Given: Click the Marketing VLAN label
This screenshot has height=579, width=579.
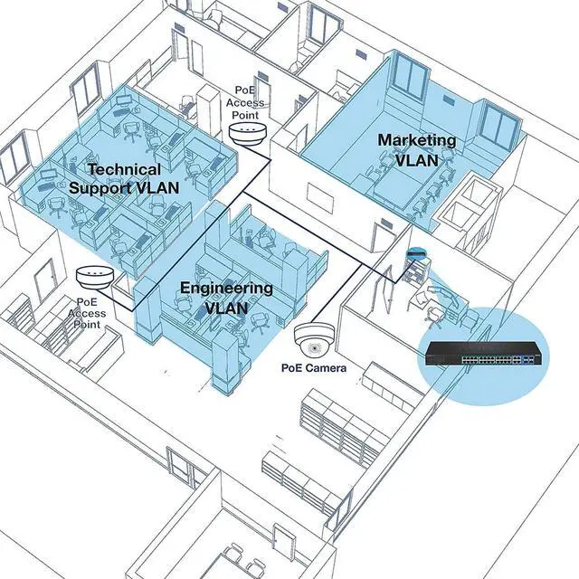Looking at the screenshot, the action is pos(417,150).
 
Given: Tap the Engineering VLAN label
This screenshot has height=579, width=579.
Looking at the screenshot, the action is pos(226,298).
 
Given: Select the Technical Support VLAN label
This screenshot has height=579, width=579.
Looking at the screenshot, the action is pos(124,179).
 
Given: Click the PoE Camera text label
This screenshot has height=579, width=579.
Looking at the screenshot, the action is pos(314,368).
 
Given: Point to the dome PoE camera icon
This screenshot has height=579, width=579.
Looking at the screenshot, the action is pos(314,339).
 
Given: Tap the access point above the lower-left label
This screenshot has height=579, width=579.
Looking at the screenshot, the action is pos(95,277).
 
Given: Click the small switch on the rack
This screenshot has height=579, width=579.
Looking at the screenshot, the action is pos(416,253).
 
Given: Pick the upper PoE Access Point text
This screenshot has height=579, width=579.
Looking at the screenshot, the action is pos(245,102).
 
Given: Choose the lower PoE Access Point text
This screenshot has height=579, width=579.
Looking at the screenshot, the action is pos(87,313).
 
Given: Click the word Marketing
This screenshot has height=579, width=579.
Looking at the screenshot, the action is pos(417,141).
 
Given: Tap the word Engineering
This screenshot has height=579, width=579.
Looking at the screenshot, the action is pos(226,289).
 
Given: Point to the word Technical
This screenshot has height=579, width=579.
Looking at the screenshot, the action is pos(125,170).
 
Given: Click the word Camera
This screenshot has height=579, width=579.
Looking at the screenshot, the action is pos(327,368).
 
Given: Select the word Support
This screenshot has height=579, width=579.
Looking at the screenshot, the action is pos(100,188).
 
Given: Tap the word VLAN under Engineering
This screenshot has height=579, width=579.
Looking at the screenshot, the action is pos(226,308).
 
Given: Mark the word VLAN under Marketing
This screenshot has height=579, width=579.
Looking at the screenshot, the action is pos(417,160).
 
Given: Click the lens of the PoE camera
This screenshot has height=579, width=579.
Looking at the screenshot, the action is pos(314,348).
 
